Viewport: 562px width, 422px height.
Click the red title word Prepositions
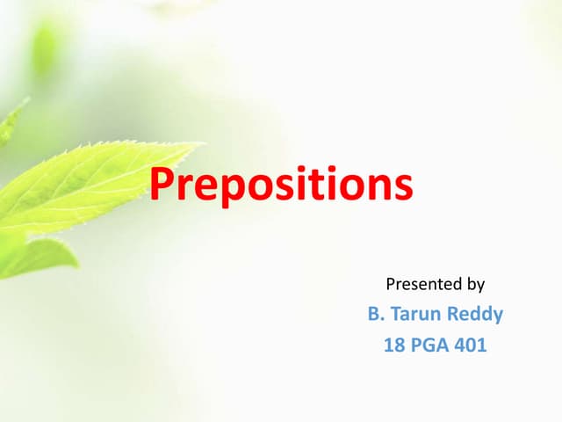coord(280,186)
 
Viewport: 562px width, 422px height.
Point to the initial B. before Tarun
coord(374,313)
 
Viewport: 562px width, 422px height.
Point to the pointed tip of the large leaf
coord(201,145)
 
